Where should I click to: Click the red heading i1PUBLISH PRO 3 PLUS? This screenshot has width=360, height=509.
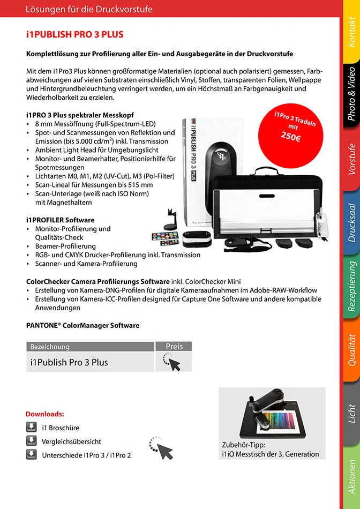coord(75,35)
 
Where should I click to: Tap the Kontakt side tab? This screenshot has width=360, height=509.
coord(351,33)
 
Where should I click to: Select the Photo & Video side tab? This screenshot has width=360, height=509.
coord(351,92)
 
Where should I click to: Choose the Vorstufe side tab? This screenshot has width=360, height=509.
coord(351,158)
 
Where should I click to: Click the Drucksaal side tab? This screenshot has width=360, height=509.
coord(351,221)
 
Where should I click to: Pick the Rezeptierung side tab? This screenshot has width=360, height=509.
coord(351,286)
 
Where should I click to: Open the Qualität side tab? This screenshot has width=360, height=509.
coord(351,350)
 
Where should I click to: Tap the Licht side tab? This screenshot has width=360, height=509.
coord(351,414)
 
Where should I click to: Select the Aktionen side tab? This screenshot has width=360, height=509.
coord(351,476)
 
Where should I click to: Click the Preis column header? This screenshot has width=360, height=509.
coord(174,347)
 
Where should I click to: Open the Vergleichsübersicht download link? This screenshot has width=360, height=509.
coord(71,441)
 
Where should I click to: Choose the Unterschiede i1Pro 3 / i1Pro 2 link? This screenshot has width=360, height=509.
coord(86,455)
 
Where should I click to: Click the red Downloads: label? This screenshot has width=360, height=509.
coord(44,414)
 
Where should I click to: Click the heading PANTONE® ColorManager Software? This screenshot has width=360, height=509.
coord(82,325)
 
